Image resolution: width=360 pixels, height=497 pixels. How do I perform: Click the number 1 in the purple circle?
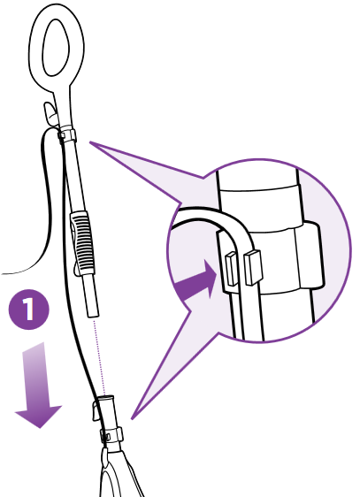coord(29,309)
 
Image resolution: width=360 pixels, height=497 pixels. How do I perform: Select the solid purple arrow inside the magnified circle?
coord(196,280)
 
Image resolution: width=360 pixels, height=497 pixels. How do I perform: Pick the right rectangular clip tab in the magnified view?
coord(253,266)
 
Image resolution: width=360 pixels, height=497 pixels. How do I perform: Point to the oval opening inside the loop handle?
coord(56,48)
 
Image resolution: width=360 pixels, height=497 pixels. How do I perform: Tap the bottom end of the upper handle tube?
coord(93,314)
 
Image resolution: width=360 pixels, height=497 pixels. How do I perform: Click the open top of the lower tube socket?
coord(106,397)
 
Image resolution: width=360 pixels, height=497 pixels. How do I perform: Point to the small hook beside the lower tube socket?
coord(96,411)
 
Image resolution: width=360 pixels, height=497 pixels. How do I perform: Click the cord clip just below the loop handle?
coord(67,135)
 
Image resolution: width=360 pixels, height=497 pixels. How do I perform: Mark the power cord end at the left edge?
coord(2,273)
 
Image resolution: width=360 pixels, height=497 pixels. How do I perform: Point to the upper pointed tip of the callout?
coord(90,142)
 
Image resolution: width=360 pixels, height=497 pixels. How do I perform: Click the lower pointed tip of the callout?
coord(132,419)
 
